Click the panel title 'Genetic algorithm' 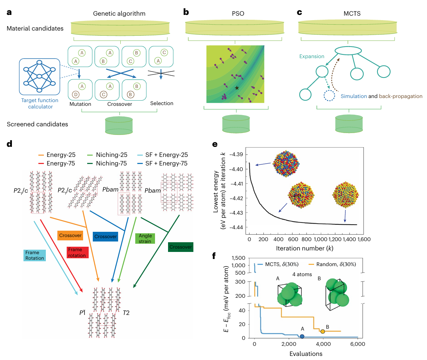[x=119, y=14]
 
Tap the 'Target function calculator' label [x=39, y=104]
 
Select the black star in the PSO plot [x=237, y=88]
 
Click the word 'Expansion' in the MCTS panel [x=311, y=56]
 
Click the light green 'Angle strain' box [x=145, y=239]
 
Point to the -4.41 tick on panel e [x=237, y=184]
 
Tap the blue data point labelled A [x=302, y=337]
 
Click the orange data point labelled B [x=323, y=331]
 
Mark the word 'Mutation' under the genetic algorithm [x=80, y=104]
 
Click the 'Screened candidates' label [x=38, y=124]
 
